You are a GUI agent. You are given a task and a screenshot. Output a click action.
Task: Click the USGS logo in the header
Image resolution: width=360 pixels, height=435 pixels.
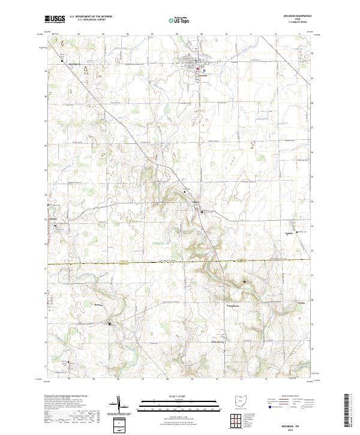(x=55, y=20)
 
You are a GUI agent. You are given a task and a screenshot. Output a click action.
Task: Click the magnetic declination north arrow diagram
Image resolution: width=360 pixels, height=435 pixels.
(x=122, y=407)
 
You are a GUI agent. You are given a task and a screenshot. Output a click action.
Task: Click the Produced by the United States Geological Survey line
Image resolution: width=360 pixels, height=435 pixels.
(x=63, y=397)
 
